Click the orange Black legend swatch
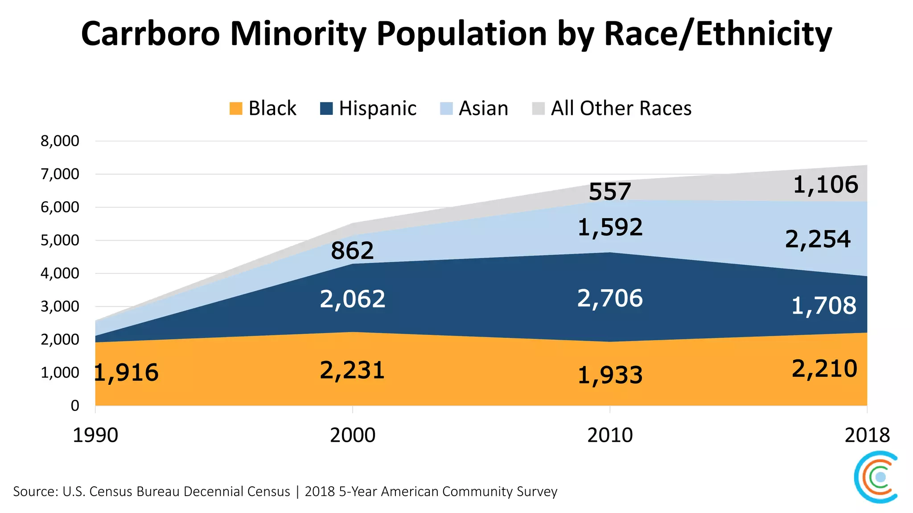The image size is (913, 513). coord(236,109)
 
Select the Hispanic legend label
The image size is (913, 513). coord(377,109)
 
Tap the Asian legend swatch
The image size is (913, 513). coord(446,109)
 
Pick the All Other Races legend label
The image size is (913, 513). coord(621,109)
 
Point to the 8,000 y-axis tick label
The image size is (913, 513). coord(60,141)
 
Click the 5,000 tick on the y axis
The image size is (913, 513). coord(60,240)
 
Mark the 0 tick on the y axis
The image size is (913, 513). coord(75,406)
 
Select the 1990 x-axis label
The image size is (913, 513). coord(95,435)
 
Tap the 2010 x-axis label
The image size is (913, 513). coord(610,435)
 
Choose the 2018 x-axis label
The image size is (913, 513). coord(867,435)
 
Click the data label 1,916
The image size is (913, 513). coord(127,373)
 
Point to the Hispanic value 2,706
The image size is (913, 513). coord(610,298)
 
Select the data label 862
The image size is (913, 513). coord(352,251)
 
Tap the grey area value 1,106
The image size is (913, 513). coord(826,185)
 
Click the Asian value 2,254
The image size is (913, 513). coord(818,240)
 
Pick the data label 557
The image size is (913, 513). coord(610,192)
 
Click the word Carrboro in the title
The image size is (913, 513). coord(150,34)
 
